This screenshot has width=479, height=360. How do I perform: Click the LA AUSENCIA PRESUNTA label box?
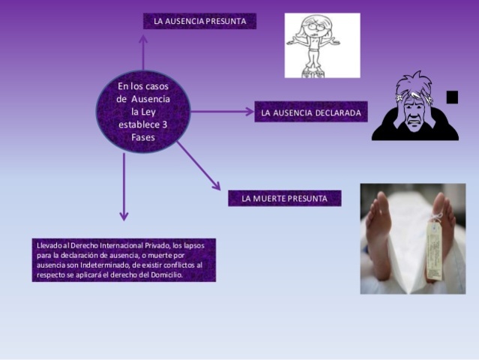[x=199, y=21]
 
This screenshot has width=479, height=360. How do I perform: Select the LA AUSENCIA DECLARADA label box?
[x=310, y=112]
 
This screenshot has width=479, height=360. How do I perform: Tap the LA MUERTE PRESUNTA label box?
[x=284, y=199]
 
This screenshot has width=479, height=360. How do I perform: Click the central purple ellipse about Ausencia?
[x=142, y=112]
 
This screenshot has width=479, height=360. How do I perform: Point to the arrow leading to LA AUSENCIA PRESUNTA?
[x=142, y=52]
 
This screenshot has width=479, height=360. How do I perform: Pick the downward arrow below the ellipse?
[x=124, y=187]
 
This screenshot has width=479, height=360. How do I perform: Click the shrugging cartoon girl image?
[x=322, y=44]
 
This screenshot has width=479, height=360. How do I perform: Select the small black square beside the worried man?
[x=451, y=97]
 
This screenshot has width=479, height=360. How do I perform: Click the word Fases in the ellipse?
[x=142, y=137]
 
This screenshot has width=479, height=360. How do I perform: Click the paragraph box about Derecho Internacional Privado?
[x=124, y=259]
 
